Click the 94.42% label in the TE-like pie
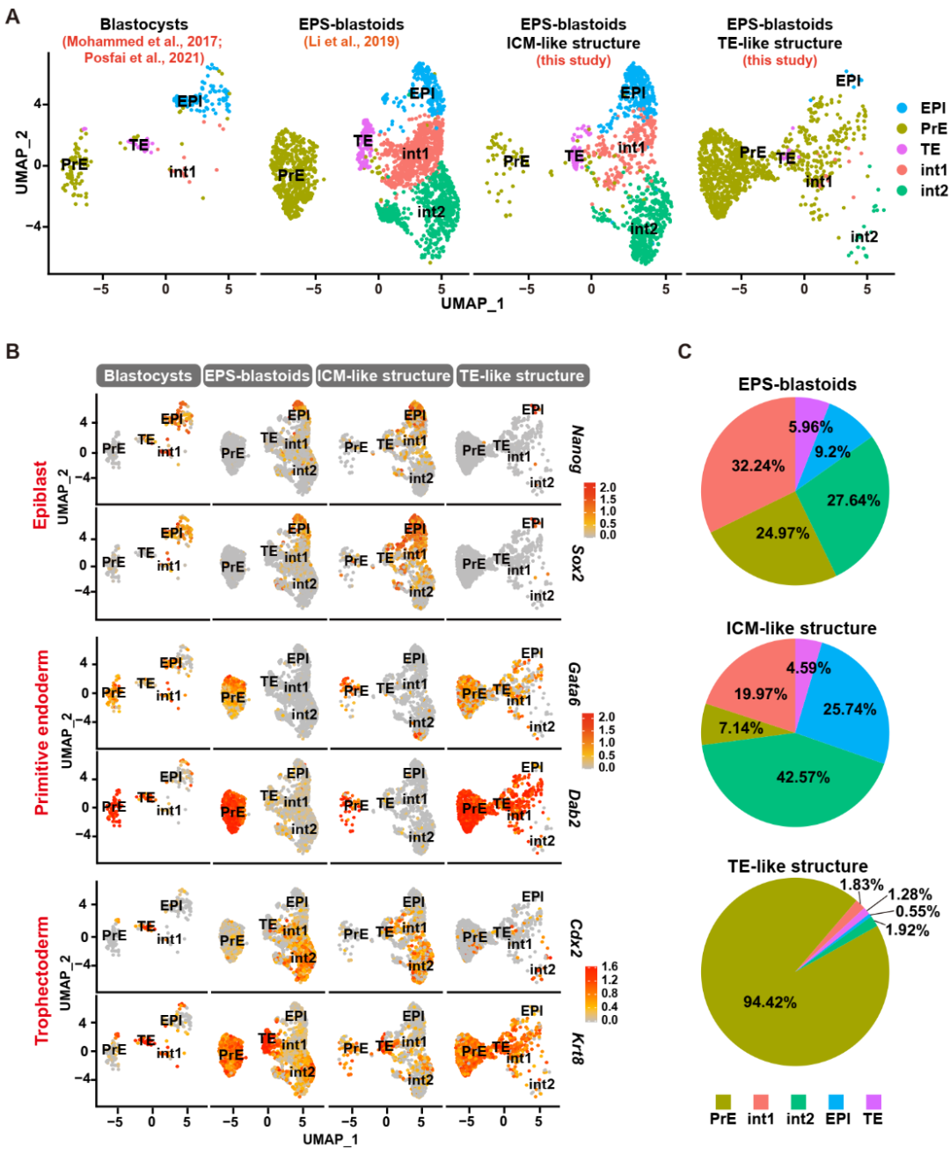pos(770,1002)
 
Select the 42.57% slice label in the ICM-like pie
pos(802,777)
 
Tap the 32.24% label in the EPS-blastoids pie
pos(757,465)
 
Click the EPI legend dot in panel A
pos(902,108)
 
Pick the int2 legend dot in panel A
pos(902,191)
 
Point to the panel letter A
pos(12,16)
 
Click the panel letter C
pos(684,352)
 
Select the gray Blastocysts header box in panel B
pos(148,376)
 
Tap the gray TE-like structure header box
pos(522,376)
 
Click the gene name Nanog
pos(577,449)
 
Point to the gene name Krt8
pos(577,1048)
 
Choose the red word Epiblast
pos(40,494)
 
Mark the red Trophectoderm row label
pos(41,981)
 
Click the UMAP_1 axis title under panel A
pos(472,303)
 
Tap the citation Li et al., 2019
pos(351,41)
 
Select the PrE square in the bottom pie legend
pos(723,1101)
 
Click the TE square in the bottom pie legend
pos(873,1101)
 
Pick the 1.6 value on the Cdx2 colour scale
pos(609,967)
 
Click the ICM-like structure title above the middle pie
pos(800,628)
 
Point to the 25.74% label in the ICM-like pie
pos(849,709)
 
